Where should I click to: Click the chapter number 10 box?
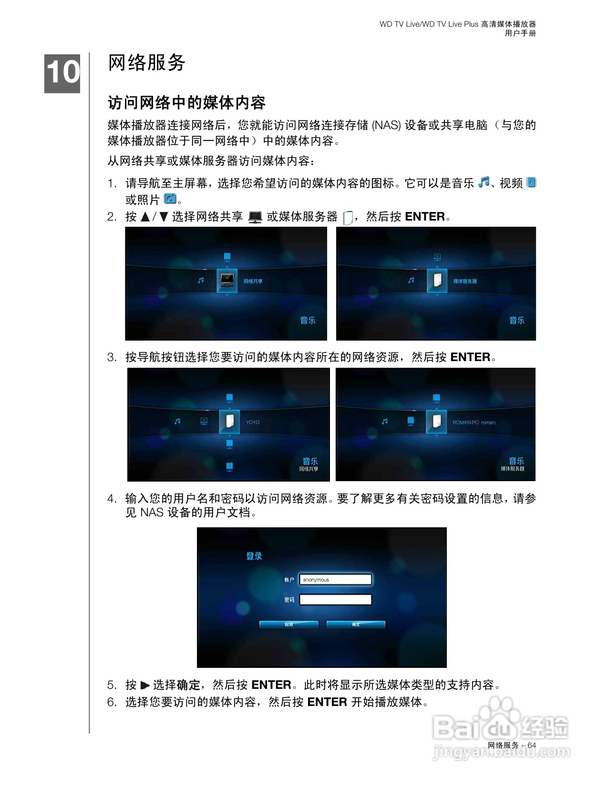(62, 73)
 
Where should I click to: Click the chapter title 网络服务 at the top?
(146, 62)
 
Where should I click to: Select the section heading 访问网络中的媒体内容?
(186, 102)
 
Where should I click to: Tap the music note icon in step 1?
(484, 182)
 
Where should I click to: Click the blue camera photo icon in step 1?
(170, 199)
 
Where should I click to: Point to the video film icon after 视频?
(531, 182)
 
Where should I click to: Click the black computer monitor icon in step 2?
(255, 217)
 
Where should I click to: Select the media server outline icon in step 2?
(348, 218)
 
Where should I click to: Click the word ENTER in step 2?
(424, 217)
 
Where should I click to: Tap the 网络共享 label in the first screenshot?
(253, 281)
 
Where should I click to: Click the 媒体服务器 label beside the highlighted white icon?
(465, 281)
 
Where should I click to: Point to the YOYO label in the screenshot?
(253, 422)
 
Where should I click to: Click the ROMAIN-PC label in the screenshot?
(474, 422)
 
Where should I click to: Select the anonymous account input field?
(335, 580)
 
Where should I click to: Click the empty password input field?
(335, 600)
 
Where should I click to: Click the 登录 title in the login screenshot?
(254, 556)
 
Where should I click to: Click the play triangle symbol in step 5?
(145, 685)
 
